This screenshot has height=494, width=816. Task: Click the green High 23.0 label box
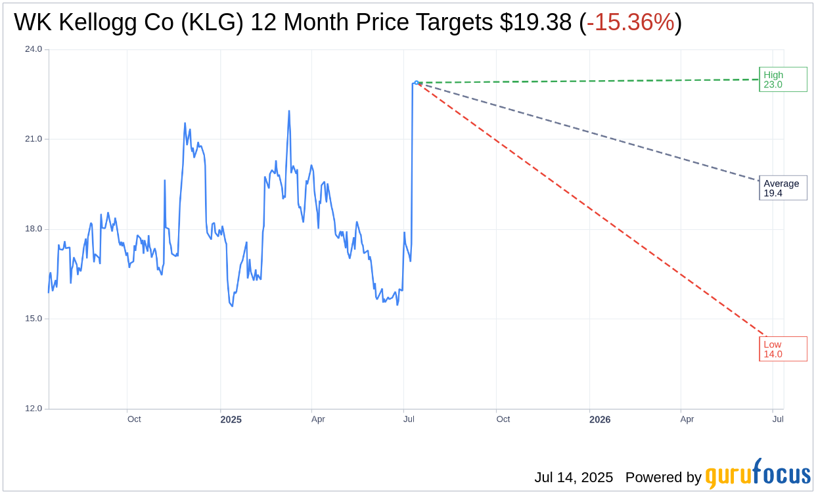pyautogui.click(x=782, y=79)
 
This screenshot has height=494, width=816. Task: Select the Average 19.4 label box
pyautogui.click(x=782, y=188)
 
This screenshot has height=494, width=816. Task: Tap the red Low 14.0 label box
pyautogui.click(x=782, y=349)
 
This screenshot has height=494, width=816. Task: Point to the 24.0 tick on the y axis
pyautogui.click(x=34, y=49)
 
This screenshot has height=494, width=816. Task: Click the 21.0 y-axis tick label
pyautogui.click(x=34, y=139)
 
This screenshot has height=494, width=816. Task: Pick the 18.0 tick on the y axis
pyautogui.click(x=34, y=229)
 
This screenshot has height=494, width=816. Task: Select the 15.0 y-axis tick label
pyautogui.click(x=34, y=319)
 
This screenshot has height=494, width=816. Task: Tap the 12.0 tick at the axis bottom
pyautogui.click(x=34, y=409)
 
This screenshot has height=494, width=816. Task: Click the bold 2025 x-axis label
pyautogui.click(x=231, y=420)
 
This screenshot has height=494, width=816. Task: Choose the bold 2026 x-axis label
pyautogui.click(x=599, y=420)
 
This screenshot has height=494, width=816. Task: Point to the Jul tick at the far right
pyautogui.click(x=778, y=419)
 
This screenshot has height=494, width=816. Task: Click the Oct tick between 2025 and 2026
pyautogui.click(x=503, y=419)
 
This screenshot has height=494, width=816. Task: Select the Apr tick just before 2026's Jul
pyautogui.click(x=687, y=419)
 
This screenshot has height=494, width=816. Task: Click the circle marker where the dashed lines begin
pyautogui.click(x=417, y=83)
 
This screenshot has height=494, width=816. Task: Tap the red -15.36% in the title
pyautogui.click(x=630, y=23)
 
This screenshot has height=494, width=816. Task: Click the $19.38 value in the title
pyautogui.click(x=535, y=23)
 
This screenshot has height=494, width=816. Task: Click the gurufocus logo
pyautogui.click(x=758, y=474)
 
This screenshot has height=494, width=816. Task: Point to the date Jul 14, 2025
pyautogui.click(x=574, y=478)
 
